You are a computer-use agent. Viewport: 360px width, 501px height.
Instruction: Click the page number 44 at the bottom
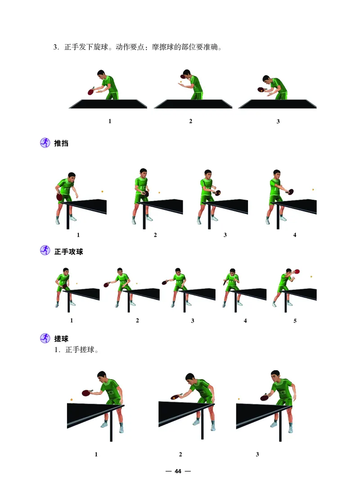178,471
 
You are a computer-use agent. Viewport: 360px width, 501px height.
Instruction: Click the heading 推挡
61,144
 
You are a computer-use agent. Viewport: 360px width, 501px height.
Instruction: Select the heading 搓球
61,339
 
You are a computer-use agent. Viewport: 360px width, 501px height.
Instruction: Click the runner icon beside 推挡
45,143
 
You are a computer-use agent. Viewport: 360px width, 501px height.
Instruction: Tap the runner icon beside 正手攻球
45,251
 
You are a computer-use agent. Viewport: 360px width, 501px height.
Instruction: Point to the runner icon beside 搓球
45,338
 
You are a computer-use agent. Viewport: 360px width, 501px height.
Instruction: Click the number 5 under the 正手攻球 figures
295,321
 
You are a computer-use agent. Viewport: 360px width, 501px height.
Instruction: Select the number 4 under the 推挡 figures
295,235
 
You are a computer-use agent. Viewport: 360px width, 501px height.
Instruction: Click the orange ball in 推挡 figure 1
102,192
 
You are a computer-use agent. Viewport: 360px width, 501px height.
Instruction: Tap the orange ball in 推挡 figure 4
313,190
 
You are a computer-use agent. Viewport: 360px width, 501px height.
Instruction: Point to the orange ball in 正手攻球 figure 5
311,277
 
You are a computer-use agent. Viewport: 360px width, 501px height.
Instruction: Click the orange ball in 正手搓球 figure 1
72,399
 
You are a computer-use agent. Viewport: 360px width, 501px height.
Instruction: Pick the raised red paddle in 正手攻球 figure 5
297,271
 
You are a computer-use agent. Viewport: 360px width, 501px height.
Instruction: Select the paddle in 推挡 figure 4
291,192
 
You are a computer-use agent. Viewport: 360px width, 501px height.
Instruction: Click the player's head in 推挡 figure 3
207,174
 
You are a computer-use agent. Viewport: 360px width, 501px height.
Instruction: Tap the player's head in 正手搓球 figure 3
275,376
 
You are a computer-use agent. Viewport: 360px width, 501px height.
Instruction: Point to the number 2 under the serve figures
191,121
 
